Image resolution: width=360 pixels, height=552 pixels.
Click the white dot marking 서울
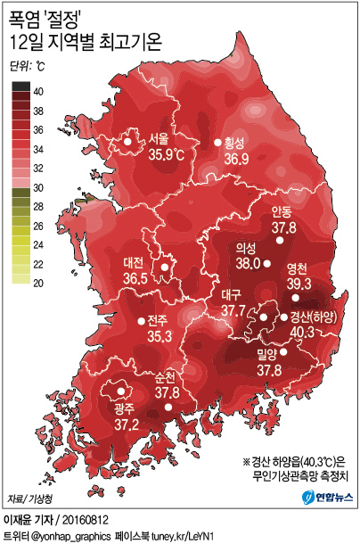[x=128, y=141]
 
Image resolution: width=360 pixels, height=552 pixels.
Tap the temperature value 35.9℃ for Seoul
[x=166, y=155]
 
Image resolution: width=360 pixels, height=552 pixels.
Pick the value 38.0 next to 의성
[x=248, y=264]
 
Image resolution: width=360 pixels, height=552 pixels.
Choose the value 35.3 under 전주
[x=160, y=336]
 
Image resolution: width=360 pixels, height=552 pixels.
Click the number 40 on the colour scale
[x=39, y=91]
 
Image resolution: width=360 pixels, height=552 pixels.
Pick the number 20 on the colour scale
[x=39, y=283]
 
